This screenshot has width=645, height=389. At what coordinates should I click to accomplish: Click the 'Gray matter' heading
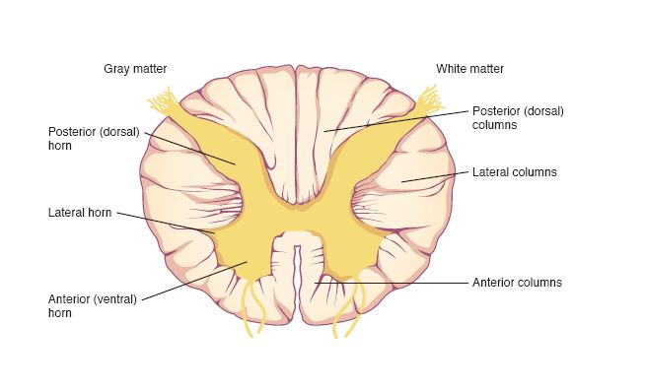[135, 68]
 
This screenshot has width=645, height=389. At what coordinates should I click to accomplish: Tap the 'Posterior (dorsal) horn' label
[94, 137]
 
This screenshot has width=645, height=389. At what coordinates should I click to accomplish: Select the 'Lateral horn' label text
[79, 212]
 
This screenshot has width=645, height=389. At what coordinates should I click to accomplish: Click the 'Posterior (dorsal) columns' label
[518, 117]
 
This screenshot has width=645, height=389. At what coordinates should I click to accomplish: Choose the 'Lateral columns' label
[515, 172]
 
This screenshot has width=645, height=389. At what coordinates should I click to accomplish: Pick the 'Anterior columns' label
[517, 283]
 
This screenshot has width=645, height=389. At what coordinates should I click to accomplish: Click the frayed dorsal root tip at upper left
[163, 100]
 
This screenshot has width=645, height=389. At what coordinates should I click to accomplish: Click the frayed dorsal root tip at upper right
[431, 98]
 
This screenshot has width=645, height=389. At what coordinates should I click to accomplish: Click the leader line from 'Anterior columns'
[394, 284]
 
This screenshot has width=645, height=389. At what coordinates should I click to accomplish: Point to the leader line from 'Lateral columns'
[434, 176]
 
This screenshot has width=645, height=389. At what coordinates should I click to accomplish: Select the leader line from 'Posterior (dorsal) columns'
[394, 120]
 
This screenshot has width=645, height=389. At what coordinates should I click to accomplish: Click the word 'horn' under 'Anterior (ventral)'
[61, 313]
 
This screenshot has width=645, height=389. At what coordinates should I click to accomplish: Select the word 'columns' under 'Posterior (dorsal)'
[493, 125]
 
